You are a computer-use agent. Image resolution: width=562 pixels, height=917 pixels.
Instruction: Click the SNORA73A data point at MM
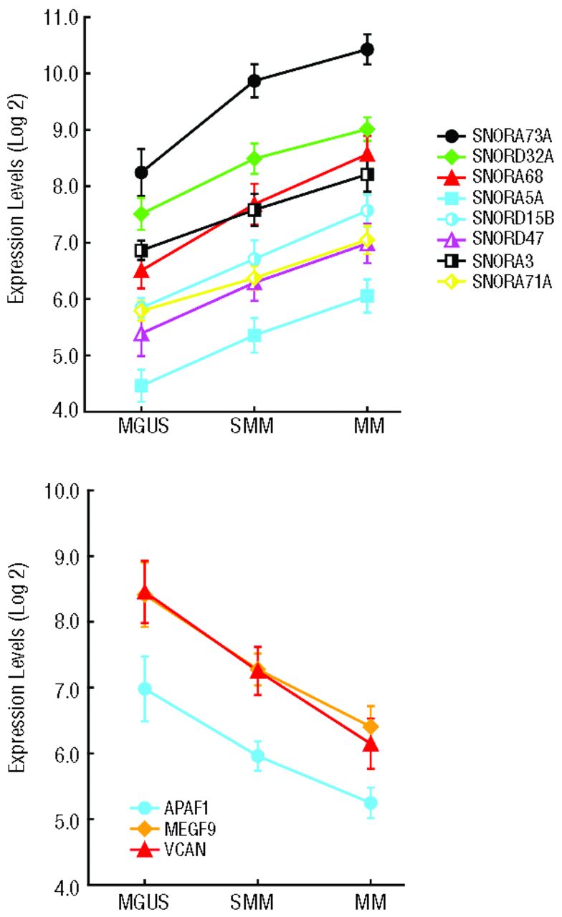point(368,49)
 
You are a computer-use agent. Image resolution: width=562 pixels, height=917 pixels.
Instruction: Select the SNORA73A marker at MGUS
point(141,172)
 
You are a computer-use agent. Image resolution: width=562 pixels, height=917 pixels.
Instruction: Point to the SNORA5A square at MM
point(368,296)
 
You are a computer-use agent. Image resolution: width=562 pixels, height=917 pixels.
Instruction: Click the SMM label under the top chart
point(254,427)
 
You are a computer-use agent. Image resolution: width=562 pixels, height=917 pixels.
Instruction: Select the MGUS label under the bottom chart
point(143,900)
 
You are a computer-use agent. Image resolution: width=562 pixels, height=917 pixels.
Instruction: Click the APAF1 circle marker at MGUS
point(144,688)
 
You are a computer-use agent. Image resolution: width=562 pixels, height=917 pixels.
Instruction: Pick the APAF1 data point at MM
point(371,803)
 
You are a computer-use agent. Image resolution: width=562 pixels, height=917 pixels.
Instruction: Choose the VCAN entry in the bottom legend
point(180,850)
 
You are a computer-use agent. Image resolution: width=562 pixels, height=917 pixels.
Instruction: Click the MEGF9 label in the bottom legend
point(184,829)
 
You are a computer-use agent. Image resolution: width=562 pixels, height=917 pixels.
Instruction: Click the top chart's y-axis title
point(19,213)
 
